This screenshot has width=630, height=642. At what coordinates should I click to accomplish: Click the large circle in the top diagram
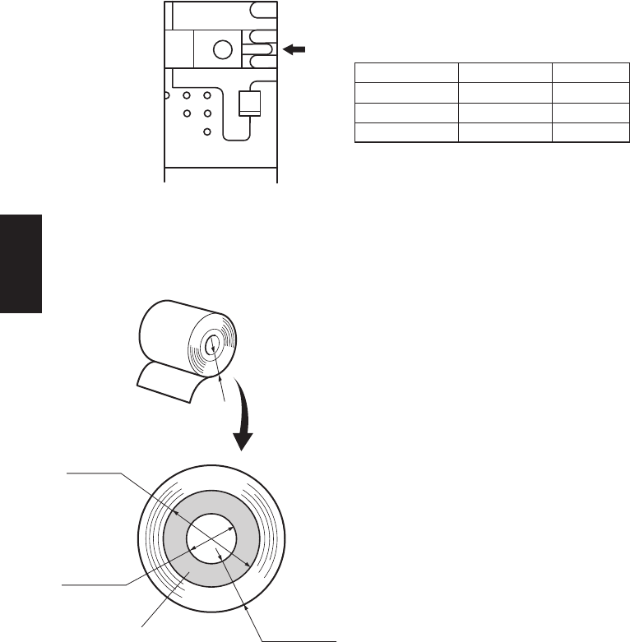[222, 49]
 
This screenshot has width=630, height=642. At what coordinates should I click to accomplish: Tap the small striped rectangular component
[248, 104]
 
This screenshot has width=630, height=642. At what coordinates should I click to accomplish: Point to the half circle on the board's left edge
[167, 95]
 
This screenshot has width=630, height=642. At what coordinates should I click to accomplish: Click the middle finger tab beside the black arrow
[262, 50]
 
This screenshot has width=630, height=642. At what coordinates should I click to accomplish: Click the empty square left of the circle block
[179, 49]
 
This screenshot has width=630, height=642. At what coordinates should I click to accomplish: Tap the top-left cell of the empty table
[405, 72]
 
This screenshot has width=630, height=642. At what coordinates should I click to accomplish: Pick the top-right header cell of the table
[586, 72]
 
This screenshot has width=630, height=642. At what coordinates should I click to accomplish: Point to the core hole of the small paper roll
[213, 346]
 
